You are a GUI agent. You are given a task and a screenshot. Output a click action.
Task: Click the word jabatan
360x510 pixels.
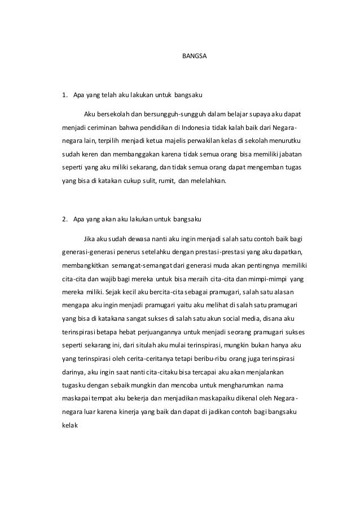289,153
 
